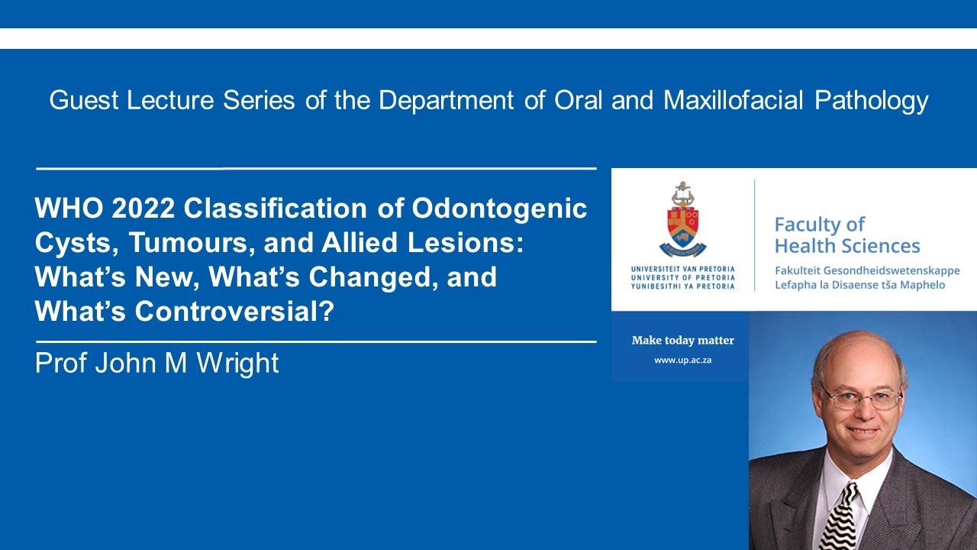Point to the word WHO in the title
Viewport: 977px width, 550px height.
63,209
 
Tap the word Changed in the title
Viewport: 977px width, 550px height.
363,277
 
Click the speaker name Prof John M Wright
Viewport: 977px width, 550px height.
156,363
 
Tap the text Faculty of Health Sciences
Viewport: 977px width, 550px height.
846,235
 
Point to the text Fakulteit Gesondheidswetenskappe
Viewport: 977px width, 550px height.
866,270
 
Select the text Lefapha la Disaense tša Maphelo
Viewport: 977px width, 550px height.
859,285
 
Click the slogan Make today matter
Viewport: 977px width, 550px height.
682,341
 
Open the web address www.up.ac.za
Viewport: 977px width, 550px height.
682,360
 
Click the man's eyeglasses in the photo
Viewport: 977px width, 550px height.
861,397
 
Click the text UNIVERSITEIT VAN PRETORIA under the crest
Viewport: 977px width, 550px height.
682,270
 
